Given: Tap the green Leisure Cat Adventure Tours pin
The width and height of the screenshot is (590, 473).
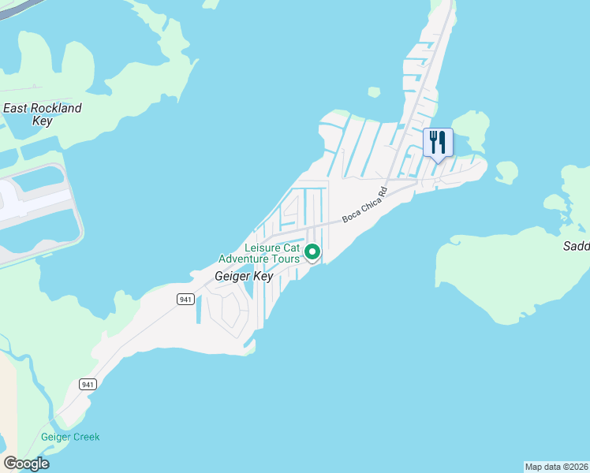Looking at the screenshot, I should coord(312,252).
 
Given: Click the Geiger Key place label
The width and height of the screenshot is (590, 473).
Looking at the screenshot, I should coord(244,277).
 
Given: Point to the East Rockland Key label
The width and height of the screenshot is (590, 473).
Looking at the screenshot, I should coord(42,114).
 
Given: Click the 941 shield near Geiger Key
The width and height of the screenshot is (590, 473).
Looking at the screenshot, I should coord(185,299).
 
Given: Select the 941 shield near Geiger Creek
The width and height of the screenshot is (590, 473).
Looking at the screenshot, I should coord(88,384).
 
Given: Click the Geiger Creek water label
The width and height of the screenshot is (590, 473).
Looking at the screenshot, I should coord(70,437).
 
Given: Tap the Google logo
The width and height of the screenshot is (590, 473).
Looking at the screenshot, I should coord(26,464).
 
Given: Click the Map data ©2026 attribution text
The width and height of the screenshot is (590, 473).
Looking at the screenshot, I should coord(556,467).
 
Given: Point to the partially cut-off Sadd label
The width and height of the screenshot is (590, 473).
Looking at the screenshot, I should coord(576,246).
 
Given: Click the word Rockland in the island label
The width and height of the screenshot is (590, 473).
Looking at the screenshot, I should coord(55,108).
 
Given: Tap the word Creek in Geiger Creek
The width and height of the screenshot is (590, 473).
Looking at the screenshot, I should coord(85,437).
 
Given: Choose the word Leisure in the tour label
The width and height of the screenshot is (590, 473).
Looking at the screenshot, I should coord(262,248).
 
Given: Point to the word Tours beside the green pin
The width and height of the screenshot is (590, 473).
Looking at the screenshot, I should coord(288,259).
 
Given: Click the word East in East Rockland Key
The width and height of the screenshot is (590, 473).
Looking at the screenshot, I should coord(15,108).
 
